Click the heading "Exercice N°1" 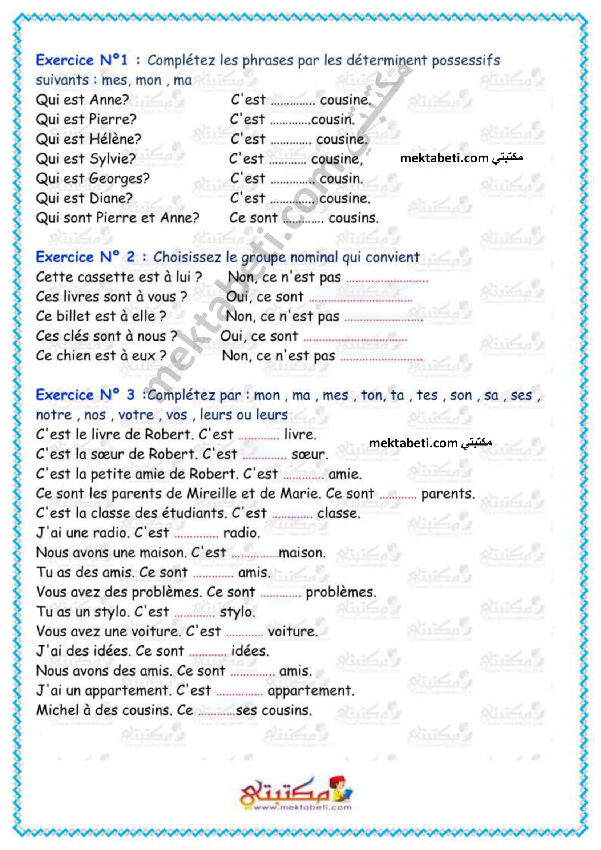click(81, 60)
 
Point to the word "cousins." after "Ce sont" click(354, 218)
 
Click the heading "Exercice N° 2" click(85, 257)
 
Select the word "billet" click(73, 317)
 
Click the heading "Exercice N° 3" click(85, 395)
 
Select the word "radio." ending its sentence click(242, 533)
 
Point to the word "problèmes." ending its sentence click(340, 592)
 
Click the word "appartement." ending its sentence click(311, 690)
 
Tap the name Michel click(57, 710)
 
